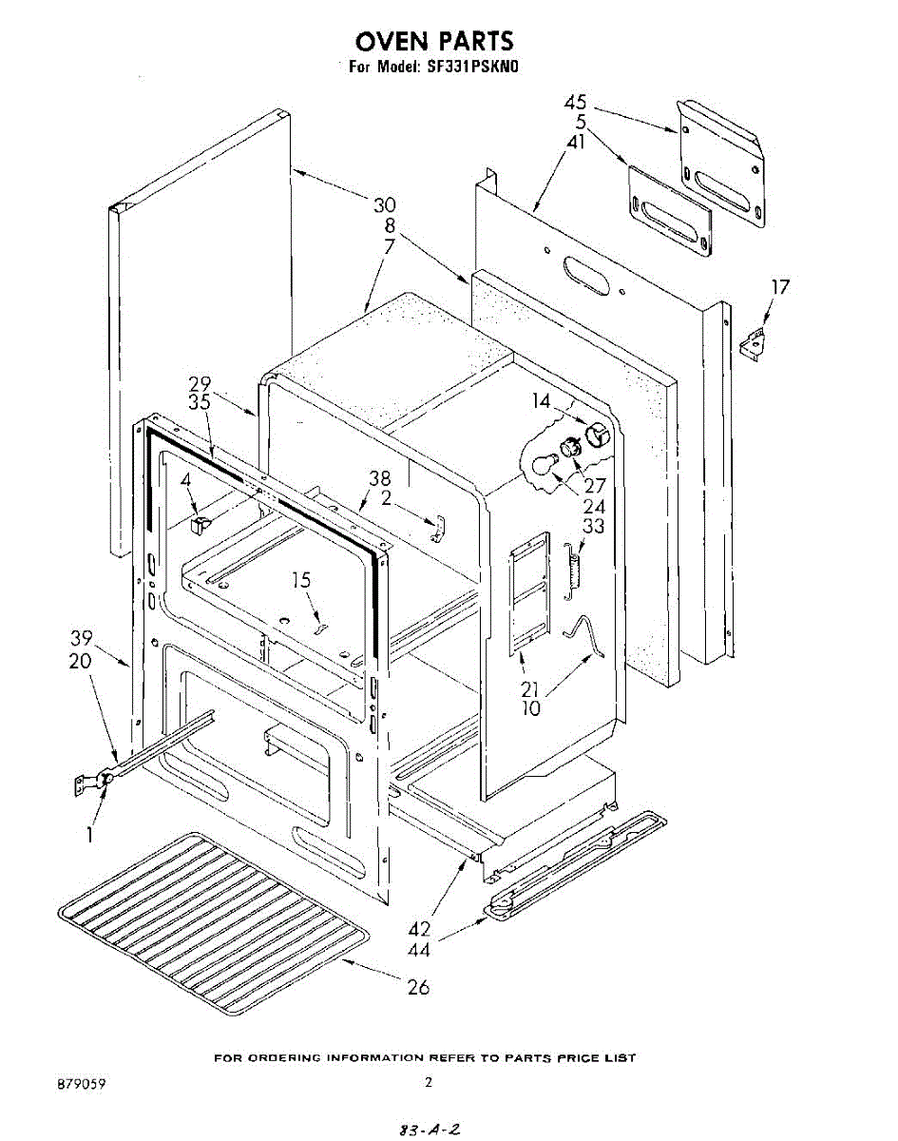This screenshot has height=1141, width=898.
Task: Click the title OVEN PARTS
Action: click(434, 42)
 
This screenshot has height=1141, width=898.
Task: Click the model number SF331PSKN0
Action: click(471, 68)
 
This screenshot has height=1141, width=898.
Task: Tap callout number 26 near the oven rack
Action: click(418, 987)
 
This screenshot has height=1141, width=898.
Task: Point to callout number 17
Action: click(780, 286)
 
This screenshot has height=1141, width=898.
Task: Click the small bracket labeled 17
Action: click(755, 341)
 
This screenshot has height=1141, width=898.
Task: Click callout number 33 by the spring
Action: click(593, 526)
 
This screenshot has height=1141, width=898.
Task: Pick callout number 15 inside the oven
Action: click(301, 580)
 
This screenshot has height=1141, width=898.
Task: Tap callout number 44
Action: click(420, 949)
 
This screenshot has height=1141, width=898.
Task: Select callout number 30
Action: click(384, 205)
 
